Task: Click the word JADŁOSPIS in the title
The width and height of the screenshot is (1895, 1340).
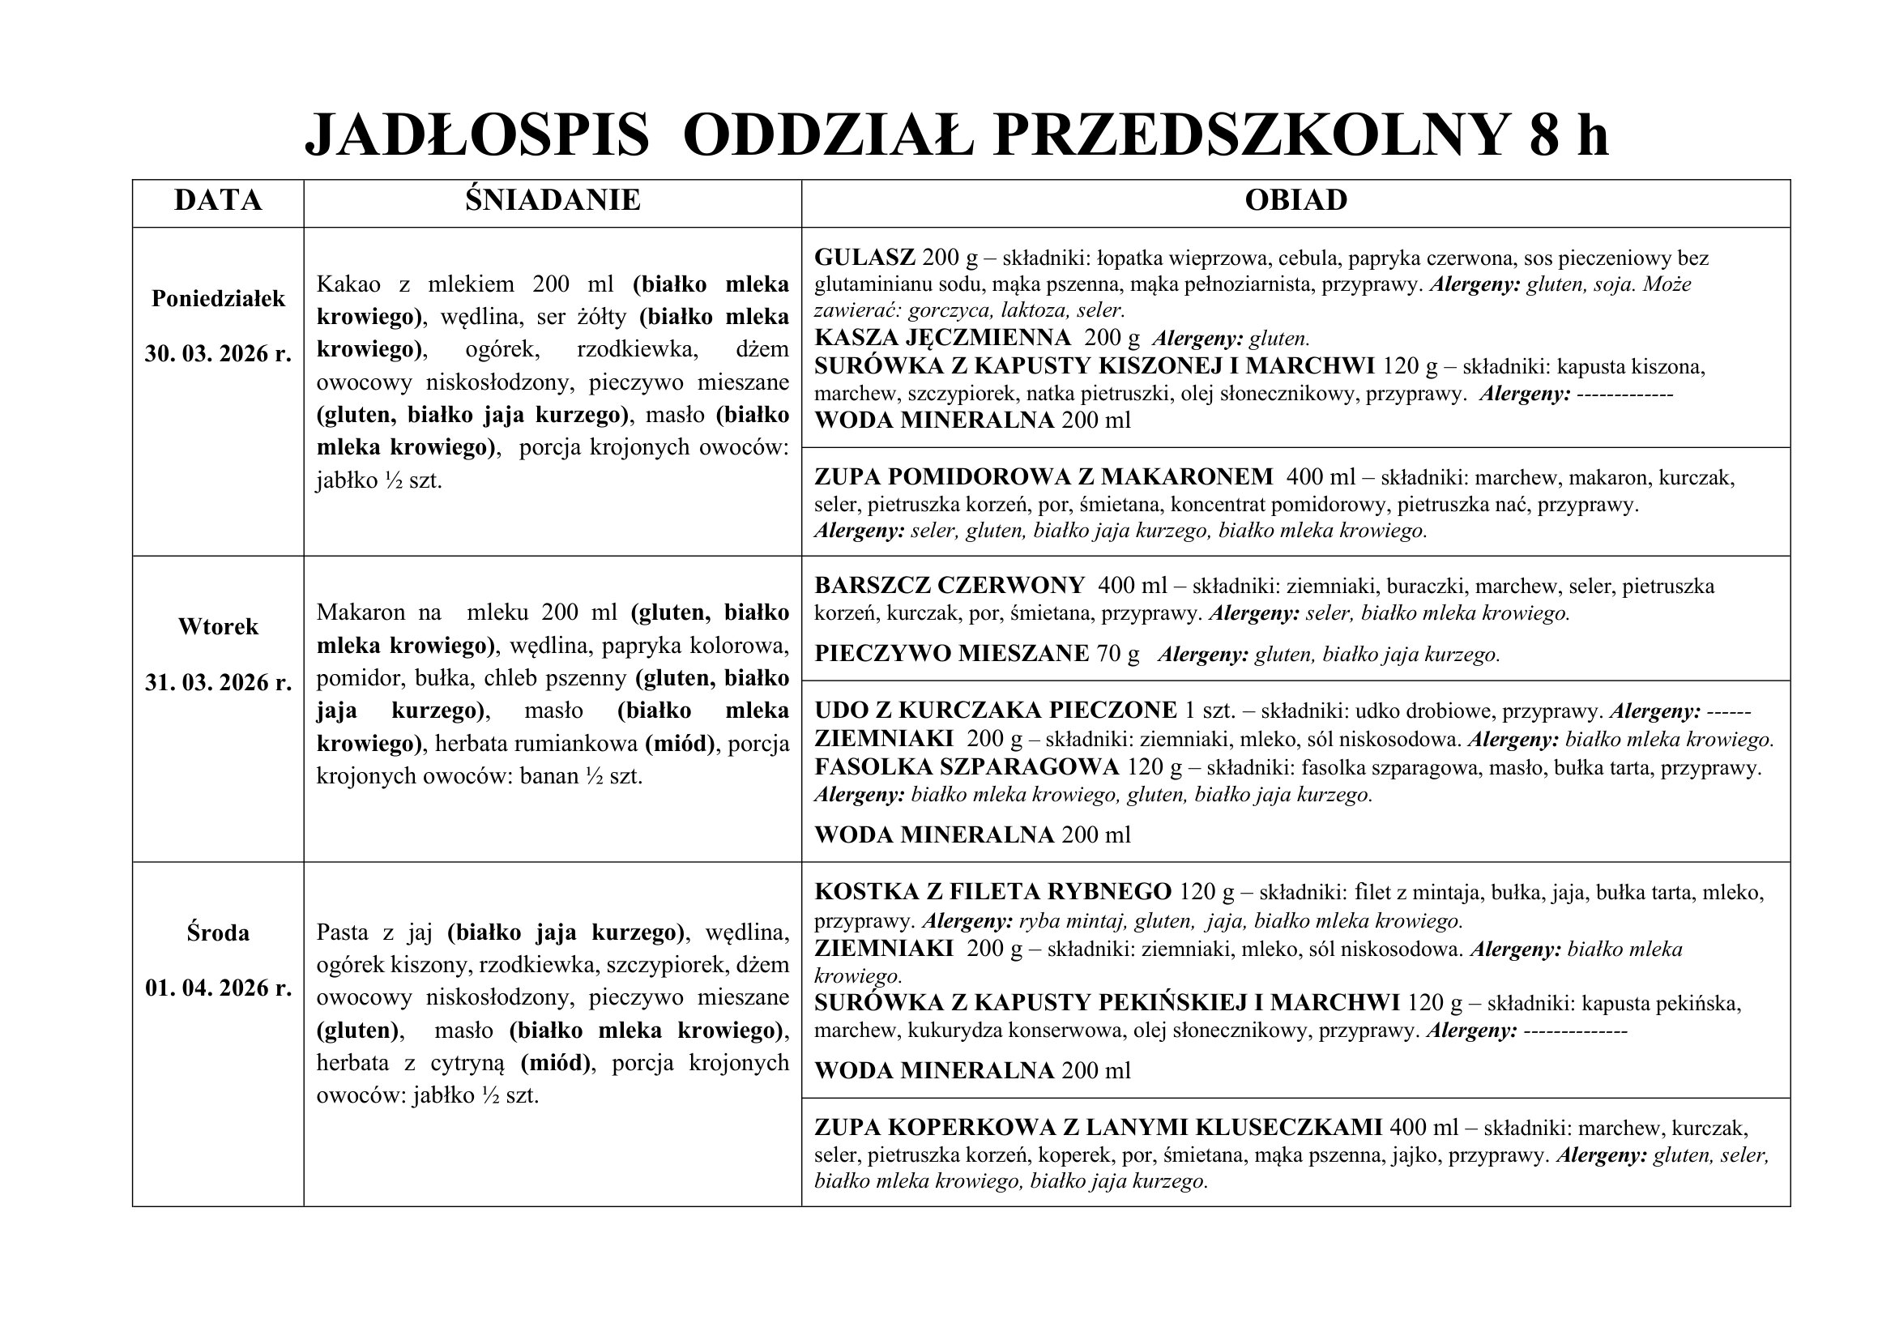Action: coord(476,134)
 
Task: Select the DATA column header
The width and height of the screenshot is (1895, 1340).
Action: coord(218,200)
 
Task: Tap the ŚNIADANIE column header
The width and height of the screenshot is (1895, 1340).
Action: coord(553,200)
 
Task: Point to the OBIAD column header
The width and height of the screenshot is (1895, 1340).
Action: coord(1295,200)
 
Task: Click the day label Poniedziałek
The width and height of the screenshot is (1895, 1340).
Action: coord(218,299)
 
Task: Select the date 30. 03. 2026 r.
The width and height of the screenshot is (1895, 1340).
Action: coord(218,354)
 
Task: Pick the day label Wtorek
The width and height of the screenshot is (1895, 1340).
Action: coord(218,627)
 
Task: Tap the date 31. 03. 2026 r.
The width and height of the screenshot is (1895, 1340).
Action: coord(218,682)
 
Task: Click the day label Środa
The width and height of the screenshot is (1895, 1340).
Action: coord(218,933)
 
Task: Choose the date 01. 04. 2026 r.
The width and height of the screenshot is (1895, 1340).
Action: coord(218,988)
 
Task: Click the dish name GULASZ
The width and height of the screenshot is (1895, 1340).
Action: coord(864,258)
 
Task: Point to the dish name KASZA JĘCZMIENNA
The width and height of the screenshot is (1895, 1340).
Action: coord(941,339)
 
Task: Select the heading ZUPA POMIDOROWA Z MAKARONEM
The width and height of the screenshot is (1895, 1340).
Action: coord(1044,478)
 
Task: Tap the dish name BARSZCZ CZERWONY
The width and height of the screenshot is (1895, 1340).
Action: coord(949,587)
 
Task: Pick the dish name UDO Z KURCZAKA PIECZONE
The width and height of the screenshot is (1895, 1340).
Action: coord(996,711)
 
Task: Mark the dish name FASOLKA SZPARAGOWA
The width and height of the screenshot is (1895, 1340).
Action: coord(967,767)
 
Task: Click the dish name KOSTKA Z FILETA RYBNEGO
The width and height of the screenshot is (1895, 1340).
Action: coord(992,893)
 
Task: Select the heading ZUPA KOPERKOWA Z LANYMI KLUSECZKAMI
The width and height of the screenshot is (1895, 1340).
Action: coord(1098,1128)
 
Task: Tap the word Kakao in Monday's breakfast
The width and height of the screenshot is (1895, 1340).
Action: coord(348,284)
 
